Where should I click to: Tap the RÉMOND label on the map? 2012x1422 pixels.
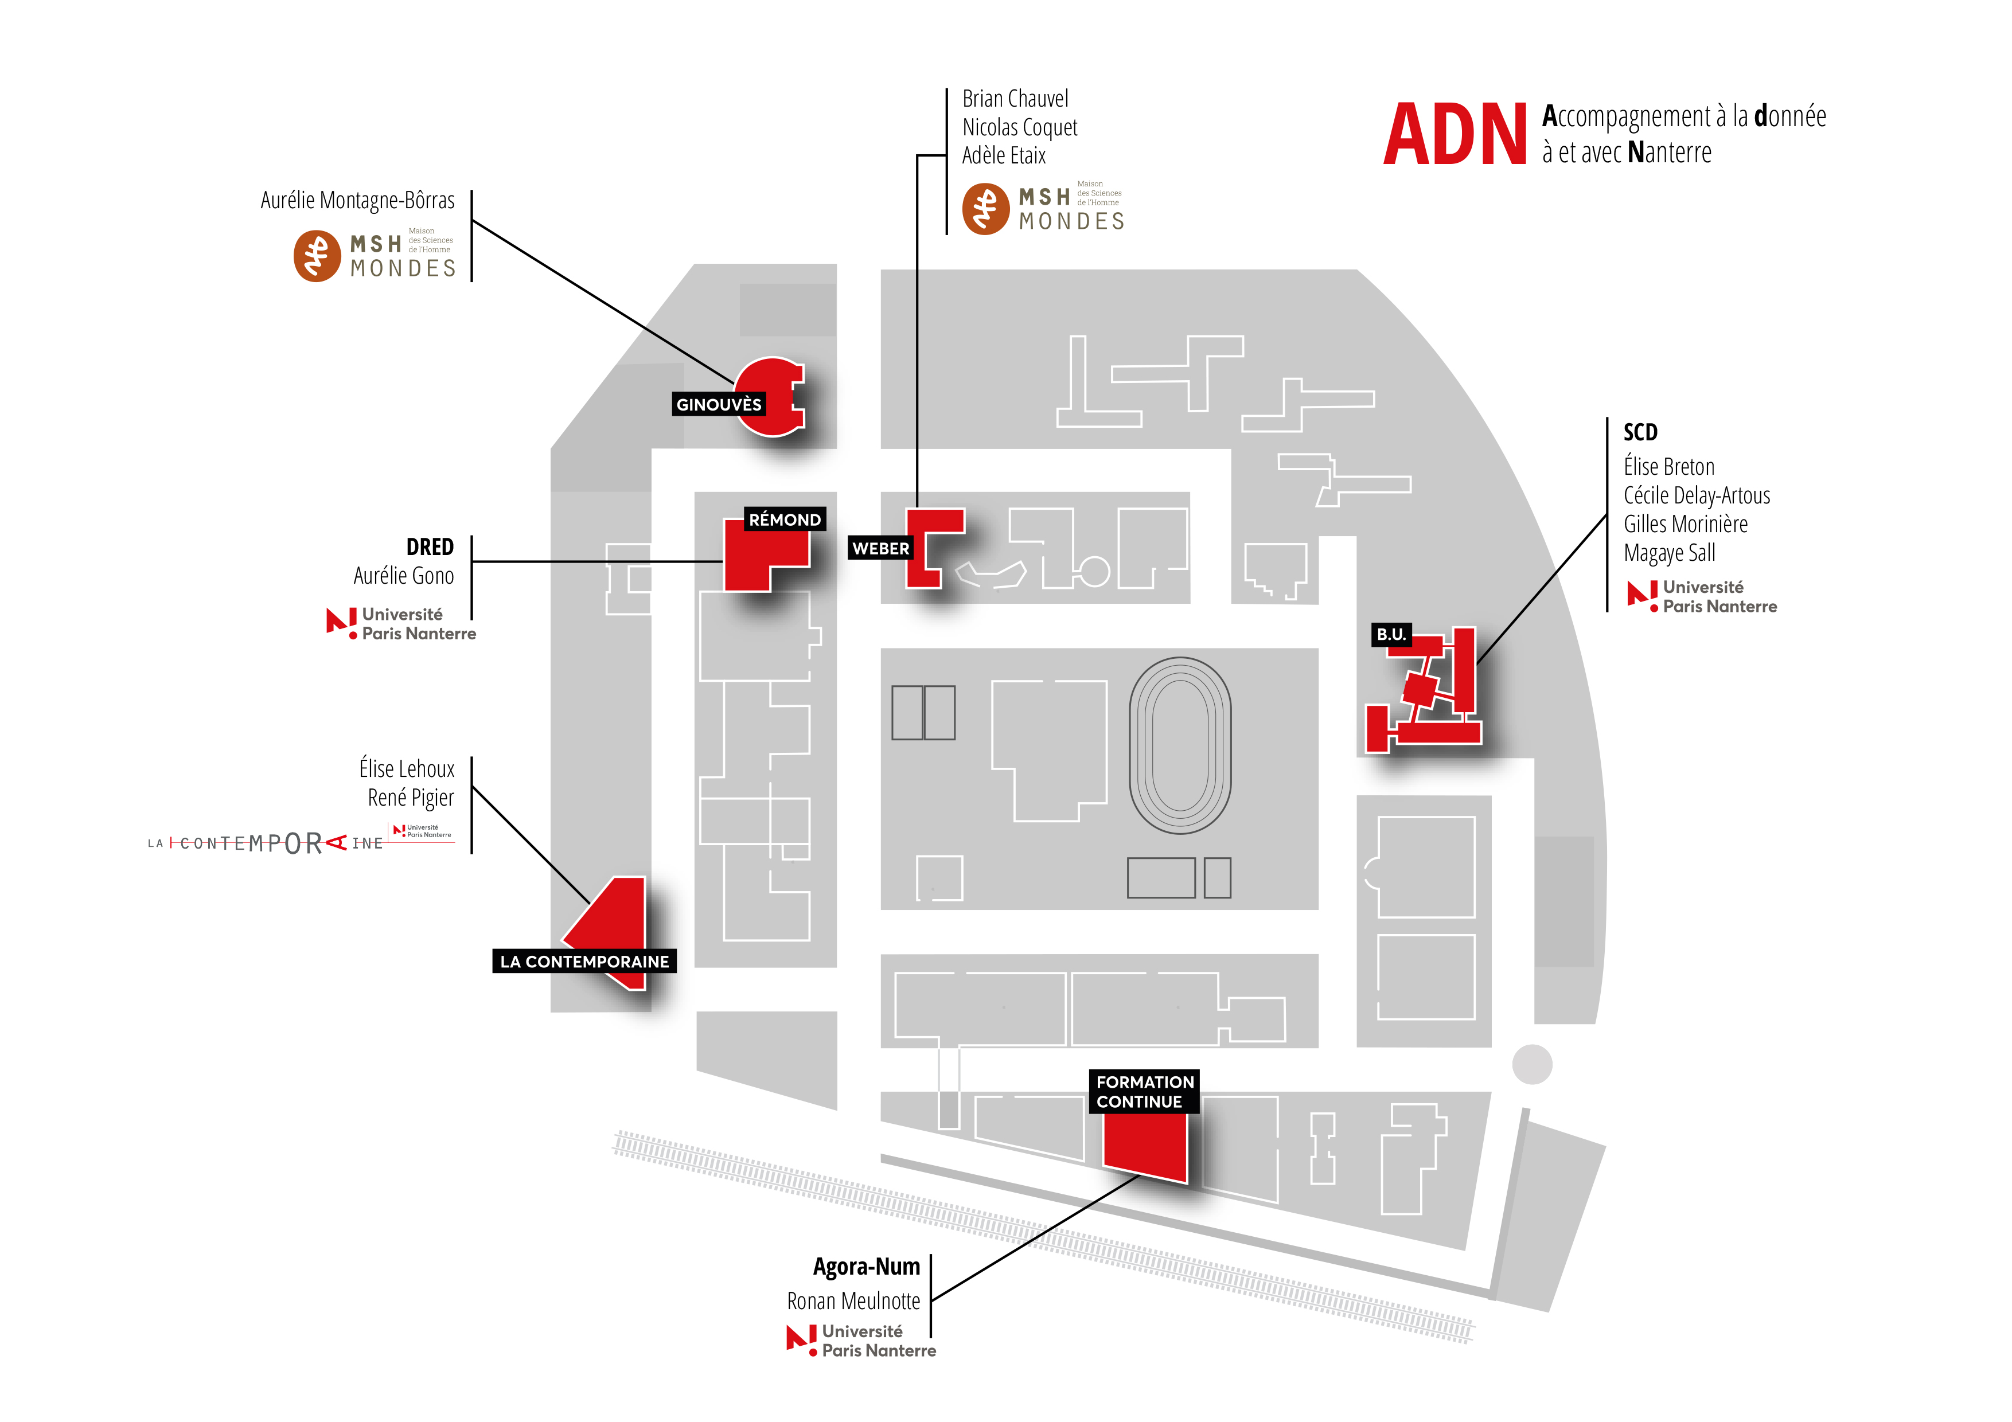click(x=784, y=519)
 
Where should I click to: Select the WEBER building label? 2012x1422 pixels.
click(x=881, y=549)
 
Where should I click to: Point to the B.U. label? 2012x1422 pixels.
click(x=1391, y=634)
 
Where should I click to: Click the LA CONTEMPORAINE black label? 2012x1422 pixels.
click(x=584, y=961)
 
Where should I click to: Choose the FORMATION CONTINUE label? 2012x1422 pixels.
click(x=1144, y=1092)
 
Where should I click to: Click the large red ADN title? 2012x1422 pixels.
click(x=1455, y=134)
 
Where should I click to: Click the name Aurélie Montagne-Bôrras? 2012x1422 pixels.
click(x=357, y=201)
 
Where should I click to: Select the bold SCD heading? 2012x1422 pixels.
click(x=1640, y=432)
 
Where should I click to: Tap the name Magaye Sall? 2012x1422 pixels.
click(x=1670, y=553)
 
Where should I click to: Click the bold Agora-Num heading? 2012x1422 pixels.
click(x=867, y=1267)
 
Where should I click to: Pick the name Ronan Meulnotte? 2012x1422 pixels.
click(x=853, y=1301)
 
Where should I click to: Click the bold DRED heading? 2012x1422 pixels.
click(x=430, y=546)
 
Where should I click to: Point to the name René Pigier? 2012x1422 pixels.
click(x=411, y=798)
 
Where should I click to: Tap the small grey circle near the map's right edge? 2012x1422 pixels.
click(x=1532, y=1065)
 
